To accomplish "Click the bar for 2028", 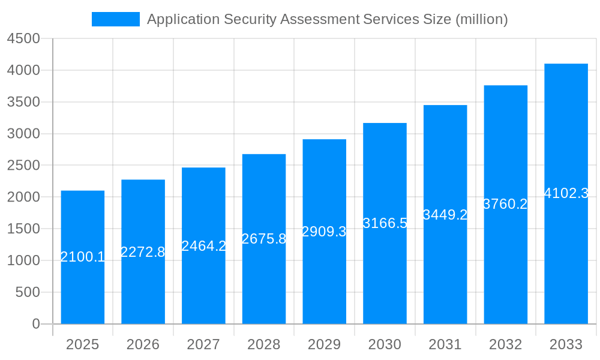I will (264, 282).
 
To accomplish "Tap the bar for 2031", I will (445, 270).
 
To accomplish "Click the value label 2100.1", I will (83, 257).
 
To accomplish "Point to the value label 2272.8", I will (143, 252).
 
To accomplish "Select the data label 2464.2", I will (203, 245).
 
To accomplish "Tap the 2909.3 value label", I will (324, 232).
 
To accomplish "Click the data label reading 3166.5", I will (385, 223).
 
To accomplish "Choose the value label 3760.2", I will (505, 204).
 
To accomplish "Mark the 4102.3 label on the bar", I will (566, 193).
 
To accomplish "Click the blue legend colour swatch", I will (115, 19).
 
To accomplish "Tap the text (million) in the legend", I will (482, 19).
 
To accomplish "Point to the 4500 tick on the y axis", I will (23, 38).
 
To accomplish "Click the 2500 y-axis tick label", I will (23, 166).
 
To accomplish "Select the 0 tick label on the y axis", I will (35, 324).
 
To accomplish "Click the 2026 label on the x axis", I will (143, 344).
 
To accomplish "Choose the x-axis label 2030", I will (385, 344).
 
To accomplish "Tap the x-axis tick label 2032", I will (505, 344).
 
